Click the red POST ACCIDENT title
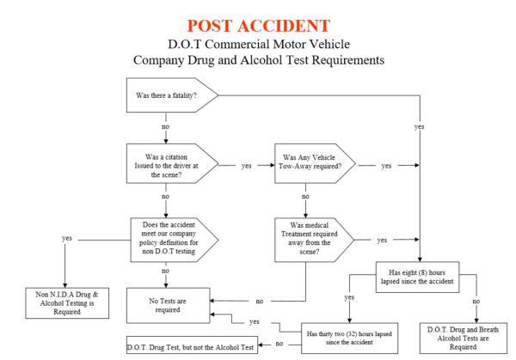258,25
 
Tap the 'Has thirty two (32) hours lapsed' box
345,335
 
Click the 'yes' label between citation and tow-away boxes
247,165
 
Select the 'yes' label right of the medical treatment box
382,240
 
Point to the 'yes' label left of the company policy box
67,237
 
